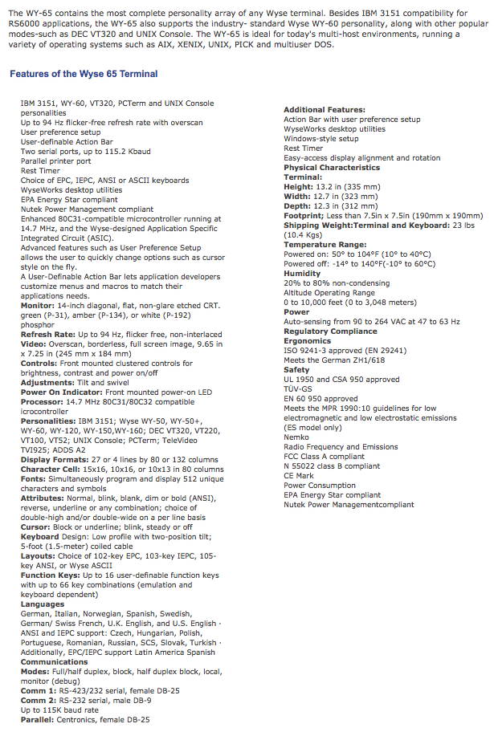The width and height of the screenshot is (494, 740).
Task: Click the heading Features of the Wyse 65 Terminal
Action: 84,74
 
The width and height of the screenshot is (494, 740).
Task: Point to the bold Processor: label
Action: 42,401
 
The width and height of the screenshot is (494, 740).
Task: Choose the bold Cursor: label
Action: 35,527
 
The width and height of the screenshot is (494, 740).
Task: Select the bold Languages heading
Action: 43,604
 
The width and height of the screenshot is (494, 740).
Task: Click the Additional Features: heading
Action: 325,109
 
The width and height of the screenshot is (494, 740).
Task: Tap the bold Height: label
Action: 300,186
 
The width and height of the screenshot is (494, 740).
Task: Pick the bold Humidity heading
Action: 302,273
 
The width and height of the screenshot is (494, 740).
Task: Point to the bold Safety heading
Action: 296,369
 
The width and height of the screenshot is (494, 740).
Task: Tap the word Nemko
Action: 297,437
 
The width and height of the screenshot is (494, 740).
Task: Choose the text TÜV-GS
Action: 299,388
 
